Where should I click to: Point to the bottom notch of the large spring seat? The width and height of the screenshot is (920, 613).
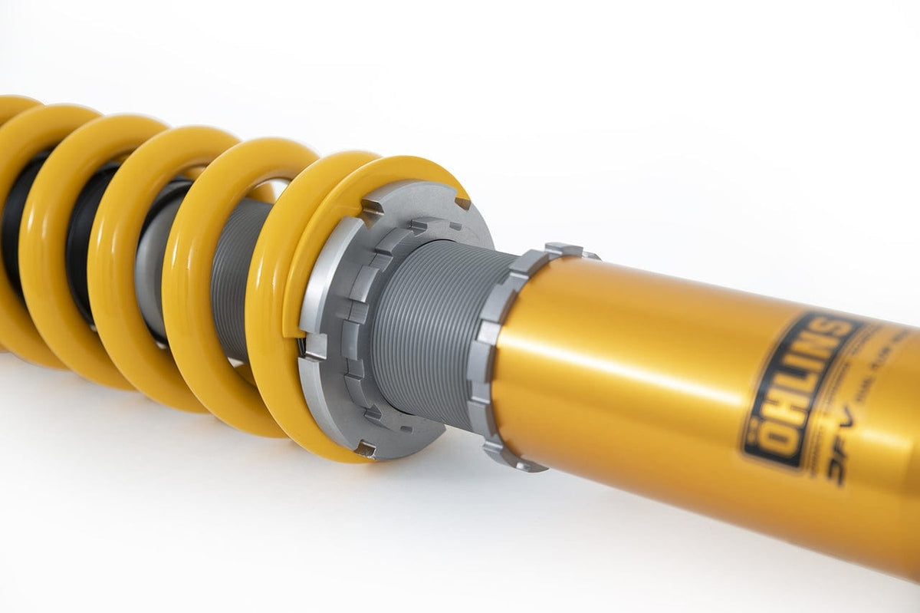366,450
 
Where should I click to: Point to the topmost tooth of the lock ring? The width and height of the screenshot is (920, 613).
563,249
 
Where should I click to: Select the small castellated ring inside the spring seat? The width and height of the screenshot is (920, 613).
360,322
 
